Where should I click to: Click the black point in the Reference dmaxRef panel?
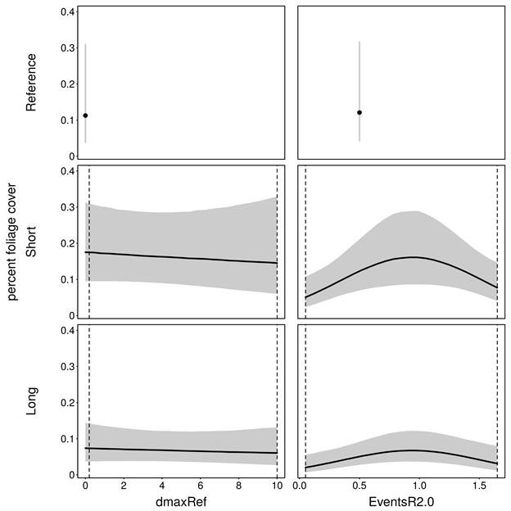[85, 115]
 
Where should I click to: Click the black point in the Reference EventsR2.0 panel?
[360, 112]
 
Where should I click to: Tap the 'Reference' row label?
[32, 82]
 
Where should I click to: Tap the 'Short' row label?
[32, 242]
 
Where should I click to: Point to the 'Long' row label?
[32, 400]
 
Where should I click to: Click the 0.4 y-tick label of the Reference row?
[70, 12]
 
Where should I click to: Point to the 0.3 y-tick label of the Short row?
[70, 207]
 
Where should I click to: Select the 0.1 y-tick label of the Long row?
[70, 439]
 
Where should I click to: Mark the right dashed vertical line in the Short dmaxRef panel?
[277, 242]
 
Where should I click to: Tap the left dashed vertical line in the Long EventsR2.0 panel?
[305, 400]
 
